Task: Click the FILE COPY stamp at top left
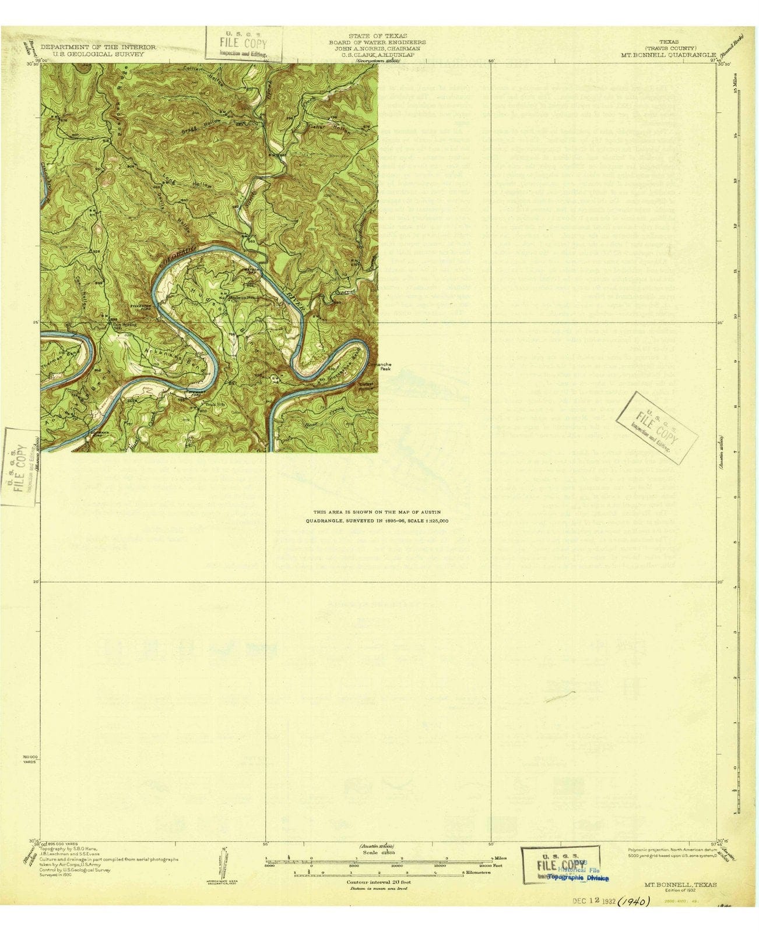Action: (x=244, y=44)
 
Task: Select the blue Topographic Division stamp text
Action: (x=578, y=877)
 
